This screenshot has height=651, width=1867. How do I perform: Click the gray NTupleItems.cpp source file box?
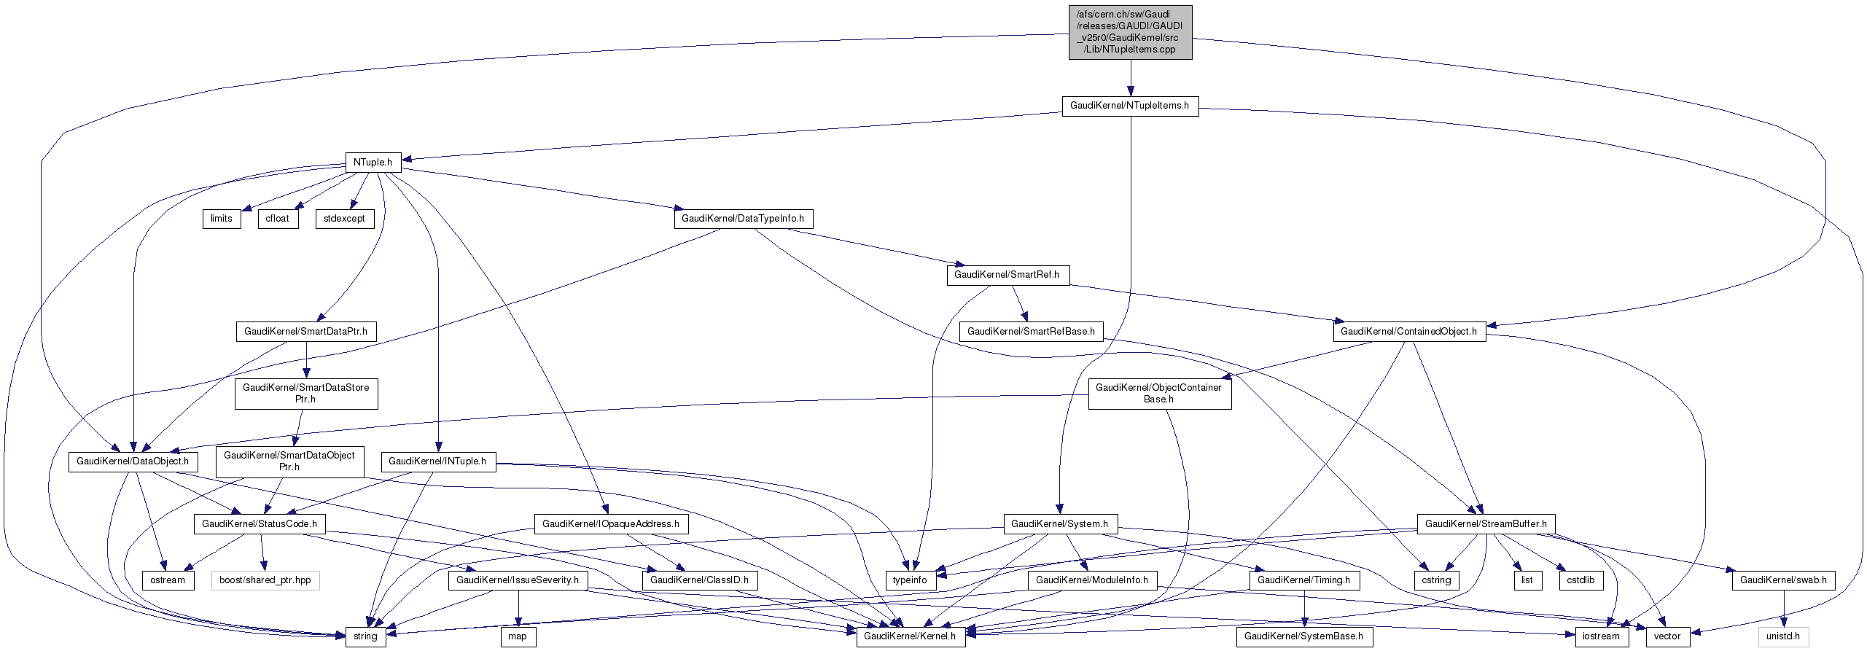[x=1130, y=32]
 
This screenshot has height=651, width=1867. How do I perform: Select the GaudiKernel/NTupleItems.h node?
[x=1129, y=106]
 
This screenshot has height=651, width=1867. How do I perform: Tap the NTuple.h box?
[x=373, y=162]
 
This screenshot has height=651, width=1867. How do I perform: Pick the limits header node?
[x=222, y=219]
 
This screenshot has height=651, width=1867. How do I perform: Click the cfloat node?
[x=278, y=219]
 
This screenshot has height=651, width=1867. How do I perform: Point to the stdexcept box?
[x=344, y=219]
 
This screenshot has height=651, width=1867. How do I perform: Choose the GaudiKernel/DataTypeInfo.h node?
[x=743, y=219]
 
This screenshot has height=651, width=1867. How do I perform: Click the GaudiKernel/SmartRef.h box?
[x=1007, y=275]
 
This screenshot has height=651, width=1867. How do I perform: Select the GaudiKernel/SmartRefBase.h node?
[x=1031, y=332]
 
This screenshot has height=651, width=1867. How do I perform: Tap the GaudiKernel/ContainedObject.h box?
[x=1408, y=332]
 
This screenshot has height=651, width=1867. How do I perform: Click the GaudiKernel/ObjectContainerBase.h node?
[x=1159, y=394]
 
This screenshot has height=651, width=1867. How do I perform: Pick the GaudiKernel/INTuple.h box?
[x=437, y=461]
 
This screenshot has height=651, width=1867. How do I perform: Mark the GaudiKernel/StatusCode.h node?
[x=260, y=524]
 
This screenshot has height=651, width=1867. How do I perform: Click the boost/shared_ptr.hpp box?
[x=265, y=580]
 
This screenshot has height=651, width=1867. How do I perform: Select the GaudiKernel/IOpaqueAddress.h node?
[x=611, y=524]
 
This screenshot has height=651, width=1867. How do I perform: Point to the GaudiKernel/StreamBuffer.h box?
[x=1486, y=524]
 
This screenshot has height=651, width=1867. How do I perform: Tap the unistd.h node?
[x=1784, y=636]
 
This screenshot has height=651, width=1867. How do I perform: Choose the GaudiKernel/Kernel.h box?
[x=910, y=636]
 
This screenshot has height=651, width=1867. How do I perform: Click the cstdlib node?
[x=1580, y=580]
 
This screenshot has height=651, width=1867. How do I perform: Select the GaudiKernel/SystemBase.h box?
[x=1304, y=636]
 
